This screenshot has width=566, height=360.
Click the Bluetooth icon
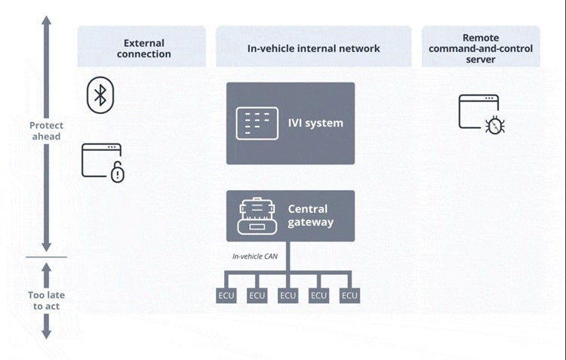point(99,94)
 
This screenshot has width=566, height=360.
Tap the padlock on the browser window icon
point(117,174)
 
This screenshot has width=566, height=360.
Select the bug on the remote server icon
point(495,125)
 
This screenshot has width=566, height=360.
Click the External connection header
point(143,48)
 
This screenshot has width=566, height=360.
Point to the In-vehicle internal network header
point(313,48)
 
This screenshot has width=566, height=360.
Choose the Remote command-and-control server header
point(480,48)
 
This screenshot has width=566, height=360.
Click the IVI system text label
point(315,123)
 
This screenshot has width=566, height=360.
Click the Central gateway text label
point(310,215)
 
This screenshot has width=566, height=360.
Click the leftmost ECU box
point(226,295)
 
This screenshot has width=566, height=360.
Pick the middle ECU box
point(288,295)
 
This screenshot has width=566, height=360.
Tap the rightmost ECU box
point(349,295)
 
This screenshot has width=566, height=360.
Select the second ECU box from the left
point(257,295)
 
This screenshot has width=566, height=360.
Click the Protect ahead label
point(46,131)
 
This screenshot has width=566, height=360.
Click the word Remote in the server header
point(480,37)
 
